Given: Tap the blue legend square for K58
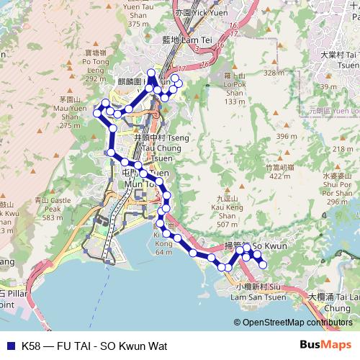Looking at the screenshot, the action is tap(9, 346).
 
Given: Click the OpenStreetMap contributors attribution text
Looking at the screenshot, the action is tap(297, 322).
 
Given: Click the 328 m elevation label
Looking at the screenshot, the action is tap(274, 73).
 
